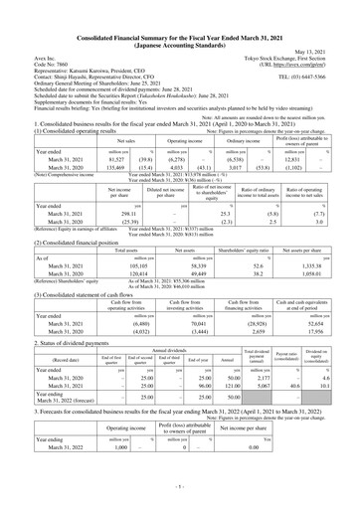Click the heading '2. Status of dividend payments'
63,345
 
